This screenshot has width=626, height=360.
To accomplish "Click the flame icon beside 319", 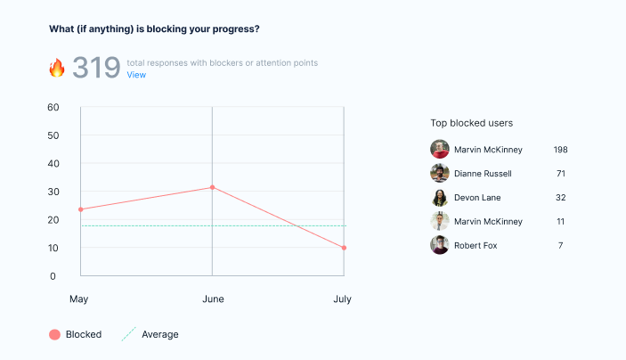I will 57,68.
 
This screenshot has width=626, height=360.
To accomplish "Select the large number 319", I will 96,68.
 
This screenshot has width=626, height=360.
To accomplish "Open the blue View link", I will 136,75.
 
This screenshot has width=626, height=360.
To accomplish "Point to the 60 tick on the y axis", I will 53,108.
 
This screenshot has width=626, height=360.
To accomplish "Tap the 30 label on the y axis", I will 53,192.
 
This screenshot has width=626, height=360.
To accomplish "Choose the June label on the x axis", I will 212,299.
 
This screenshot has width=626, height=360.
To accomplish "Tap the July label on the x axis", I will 342,299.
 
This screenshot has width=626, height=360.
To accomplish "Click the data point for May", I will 81,209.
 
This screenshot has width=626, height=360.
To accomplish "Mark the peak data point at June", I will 212,187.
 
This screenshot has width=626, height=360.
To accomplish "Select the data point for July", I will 344,248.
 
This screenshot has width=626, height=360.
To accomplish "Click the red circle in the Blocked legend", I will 54,334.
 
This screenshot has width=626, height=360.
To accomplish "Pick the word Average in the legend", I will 160,334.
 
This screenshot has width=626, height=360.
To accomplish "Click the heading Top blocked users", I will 471,123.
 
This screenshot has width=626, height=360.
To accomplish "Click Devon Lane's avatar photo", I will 439,197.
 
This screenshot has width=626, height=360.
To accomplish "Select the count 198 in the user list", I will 560,149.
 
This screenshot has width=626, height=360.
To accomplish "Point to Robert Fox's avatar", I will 439,245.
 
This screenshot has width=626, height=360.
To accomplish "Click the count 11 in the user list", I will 560,221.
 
